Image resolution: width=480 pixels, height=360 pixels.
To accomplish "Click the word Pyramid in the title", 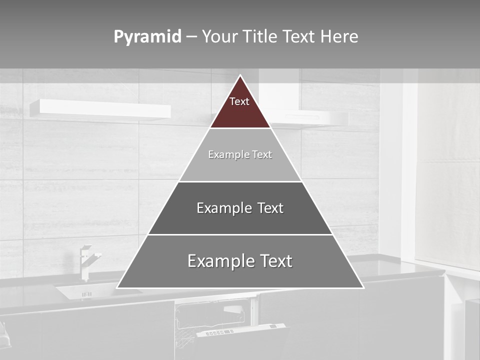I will coord(147,37).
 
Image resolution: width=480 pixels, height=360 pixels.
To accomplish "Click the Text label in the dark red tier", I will coord(239,102).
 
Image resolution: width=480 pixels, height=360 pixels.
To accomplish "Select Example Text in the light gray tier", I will coord(240,155).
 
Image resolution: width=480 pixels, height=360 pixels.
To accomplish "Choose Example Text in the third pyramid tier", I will coord(240,208).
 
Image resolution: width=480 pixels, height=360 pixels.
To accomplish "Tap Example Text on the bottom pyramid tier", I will coord(240,261).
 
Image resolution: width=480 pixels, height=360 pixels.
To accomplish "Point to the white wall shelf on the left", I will coord(99,109).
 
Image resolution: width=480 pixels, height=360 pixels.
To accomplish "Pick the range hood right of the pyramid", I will coord(310,118).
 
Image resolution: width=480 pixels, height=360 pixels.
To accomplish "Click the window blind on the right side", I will coord(447,175).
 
